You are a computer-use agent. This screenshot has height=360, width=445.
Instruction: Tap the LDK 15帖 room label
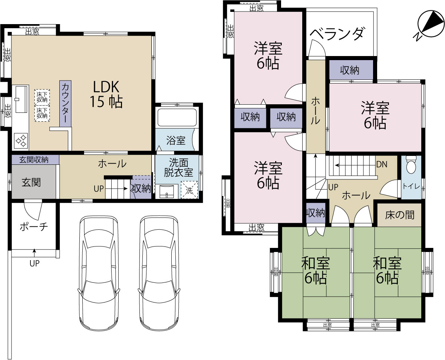[x=106, y=94]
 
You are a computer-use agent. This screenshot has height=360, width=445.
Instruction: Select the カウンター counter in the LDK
[x=65, y=104]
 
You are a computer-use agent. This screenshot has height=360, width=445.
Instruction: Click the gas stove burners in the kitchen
[x=21, y=141]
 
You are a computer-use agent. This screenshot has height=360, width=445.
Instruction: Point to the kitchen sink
[x=21, y=99]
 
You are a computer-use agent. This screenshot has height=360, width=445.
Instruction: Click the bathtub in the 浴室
[x=177, y=117]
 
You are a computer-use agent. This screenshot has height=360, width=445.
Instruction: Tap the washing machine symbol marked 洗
[x=189, y=190]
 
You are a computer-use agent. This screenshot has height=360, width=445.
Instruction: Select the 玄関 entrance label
[x=32, y=183]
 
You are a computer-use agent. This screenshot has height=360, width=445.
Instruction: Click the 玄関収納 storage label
[x=34, y=160]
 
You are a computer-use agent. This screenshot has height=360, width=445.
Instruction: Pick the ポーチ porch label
[x=34, y=227]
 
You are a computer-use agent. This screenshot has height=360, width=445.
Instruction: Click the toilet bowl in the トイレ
[x=411, y=165]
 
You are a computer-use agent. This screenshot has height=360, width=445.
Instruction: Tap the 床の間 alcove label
[x=400, y=215]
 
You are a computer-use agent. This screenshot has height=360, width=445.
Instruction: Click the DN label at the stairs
[x=382, y=164]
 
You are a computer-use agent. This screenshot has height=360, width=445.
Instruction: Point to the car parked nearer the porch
[x=99, y=274]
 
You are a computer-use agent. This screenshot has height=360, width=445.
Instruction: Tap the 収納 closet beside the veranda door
[x=351, y=70]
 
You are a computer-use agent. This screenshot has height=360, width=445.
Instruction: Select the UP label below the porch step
[x=34, y=264]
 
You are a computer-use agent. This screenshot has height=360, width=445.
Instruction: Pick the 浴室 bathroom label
[x=176, y=140]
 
